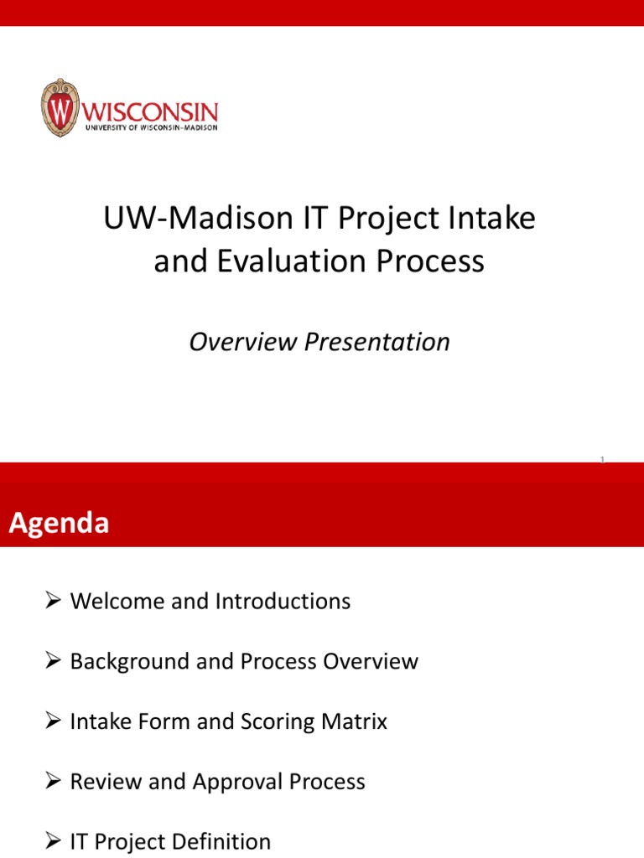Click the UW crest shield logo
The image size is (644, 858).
pyautogui.click(x=59, y=107)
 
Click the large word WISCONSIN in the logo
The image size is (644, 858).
pyautogui.click(x=151, y=111)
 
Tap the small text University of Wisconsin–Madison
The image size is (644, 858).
pyautogui.click(x=151, y=127)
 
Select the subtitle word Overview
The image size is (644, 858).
pyautogui.click(x=243, y=342)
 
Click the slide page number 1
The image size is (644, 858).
pyautogui.click(x=602, y=459)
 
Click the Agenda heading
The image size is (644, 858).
pyautogui.click(x=59, y=524)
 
